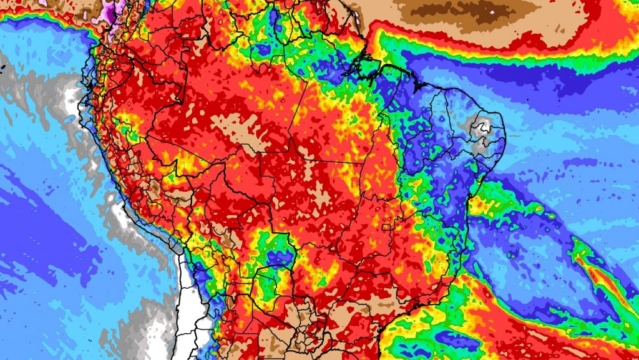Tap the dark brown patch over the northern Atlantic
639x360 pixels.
462,11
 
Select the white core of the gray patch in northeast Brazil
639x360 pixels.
482,129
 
